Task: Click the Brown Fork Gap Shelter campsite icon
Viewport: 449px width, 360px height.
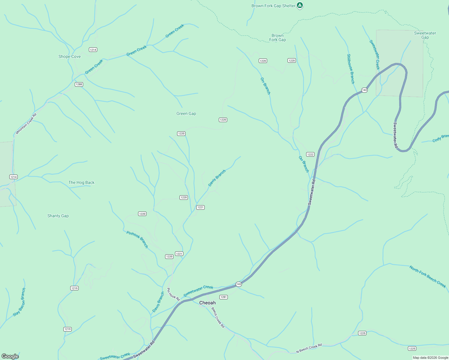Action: (300, 5)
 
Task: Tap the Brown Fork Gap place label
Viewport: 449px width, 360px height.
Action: (277, 37)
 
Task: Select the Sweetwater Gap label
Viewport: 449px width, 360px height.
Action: (425, 35)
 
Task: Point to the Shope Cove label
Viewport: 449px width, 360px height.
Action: (69, 56)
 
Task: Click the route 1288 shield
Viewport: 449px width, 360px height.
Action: (79, 84)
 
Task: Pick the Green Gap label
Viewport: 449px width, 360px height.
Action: (186, 113)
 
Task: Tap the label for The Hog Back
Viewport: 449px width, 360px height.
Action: (81, 182)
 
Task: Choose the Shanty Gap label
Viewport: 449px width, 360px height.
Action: (58, 216)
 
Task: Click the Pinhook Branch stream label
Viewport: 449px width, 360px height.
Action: (137, 239)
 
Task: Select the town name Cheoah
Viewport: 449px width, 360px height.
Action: (207, 303)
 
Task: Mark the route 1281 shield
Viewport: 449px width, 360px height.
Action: (224, 297)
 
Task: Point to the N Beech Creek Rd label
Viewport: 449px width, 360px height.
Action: (309, 348)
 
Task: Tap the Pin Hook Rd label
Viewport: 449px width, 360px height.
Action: (173, 294)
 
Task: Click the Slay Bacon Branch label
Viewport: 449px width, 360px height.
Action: (19, 302)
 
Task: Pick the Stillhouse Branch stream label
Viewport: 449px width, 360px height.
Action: (351, 69)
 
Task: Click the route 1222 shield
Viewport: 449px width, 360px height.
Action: (310, 154)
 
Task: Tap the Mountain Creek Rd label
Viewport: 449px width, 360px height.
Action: (26, 124)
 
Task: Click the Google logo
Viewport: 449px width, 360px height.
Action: (10, 356)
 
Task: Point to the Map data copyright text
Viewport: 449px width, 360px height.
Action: (430, 358)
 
